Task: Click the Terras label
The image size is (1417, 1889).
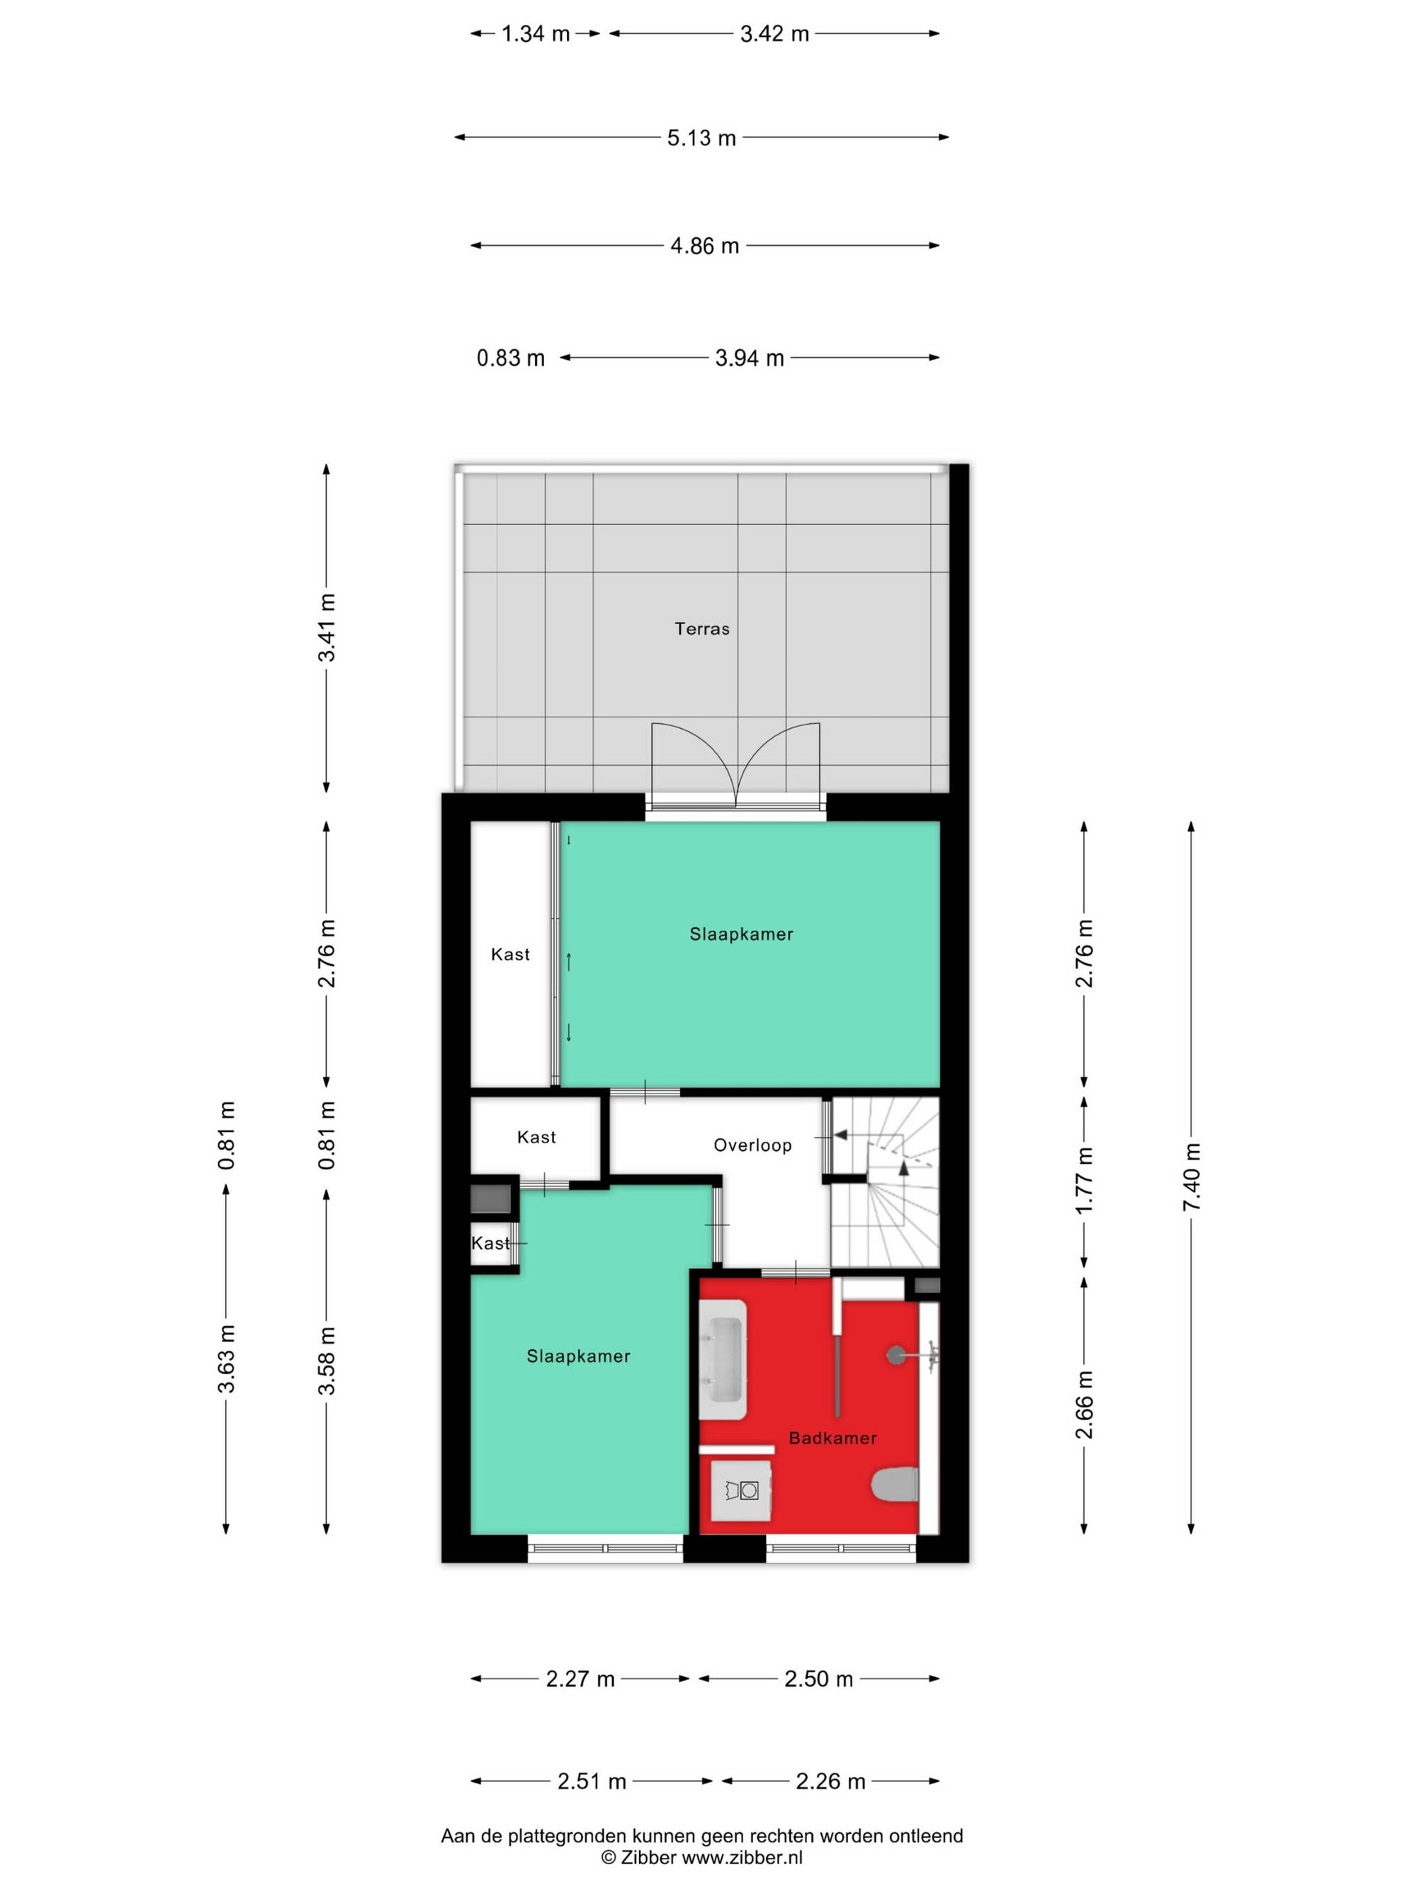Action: [701, 628]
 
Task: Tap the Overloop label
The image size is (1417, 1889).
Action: [752, 1145]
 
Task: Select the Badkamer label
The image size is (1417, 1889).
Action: [832, 1438]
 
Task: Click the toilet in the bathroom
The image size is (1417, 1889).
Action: [895, 1485]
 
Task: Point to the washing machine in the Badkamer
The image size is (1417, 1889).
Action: [741, 1490]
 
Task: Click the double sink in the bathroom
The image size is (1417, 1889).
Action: [723, 1359]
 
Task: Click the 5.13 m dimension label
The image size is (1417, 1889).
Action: [701, 137]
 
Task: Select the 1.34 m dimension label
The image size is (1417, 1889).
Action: [536, 34]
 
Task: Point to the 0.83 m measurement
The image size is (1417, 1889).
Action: [511, 358]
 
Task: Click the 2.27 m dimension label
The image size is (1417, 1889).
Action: [580, 1679]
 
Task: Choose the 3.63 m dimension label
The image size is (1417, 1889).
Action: [226, 1358]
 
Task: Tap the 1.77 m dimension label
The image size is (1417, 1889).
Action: [1084, 1180]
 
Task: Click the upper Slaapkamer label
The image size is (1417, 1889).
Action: [741, 934]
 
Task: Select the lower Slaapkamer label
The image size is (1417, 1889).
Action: [578, 1356]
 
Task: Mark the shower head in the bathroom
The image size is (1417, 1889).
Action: [897, 1354]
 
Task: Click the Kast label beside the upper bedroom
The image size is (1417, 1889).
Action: [510, 954]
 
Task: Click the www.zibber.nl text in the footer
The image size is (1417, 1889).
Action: [741, 1856]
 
